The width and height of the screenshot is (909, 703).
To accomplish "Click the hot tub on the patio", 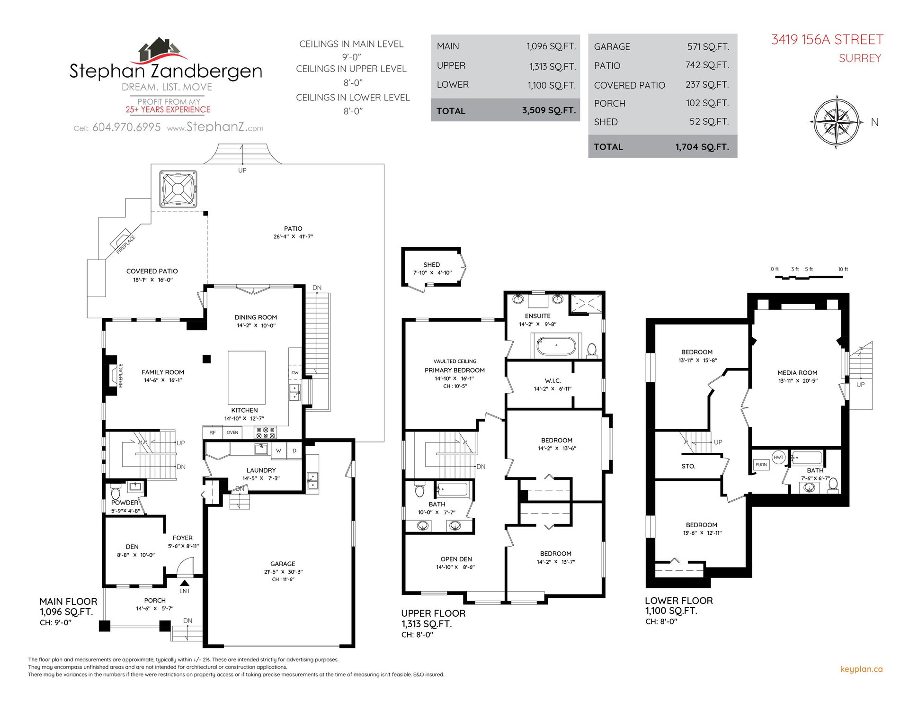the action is (x=178, y=189).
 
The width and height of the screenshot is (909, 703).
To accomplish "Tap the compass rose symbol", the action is (x=836, y=122).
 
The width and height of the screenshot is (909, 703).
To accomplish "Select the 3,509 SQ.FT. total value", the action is (x=549, y=110).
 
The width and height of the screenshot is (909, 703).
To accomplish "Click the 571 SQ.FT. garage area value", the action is (x=708, y=46).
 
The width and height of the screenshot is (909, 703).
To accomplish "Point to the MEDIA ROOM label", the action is (x=797, y=373).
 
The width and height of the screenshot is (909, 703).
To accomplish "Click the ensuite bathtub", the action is (x=556, y=345).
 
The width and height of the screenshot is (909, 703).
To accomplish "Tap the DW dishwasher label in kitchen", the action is (x=295, y=372).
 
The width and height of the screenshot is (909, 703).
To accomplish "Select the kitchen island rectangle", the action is (x=247, y=377).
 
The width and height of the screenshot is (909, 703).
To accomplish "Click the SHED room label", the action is (x=432, y=265).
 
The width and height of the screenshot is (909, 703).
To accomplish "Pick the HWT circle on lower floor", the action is (x=779, y=457).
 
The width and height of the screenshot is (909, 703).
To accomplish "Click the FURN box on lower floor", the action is (x=761, y=465).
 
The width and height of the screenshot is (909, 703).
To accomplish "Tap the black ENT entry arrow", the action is (x=185, y=584).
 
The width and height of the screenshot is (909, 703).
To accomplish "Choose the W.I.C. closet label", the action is (x=553, y=381).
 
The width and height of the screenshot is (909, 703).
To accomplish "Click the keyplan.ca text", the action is (x=861, y=669).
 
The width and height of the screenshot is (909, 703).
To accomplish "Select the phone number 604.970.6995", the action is (x=126, y=127).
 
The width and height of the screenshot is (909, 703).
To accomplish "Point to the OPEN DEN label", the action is (x=456, y=559).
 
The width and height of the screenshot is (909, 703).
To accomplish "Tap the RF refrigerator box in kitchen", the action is (x=213, y=433).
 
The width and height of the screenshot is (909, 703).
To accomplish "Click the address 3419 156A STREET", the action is (x=827, y=39).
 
